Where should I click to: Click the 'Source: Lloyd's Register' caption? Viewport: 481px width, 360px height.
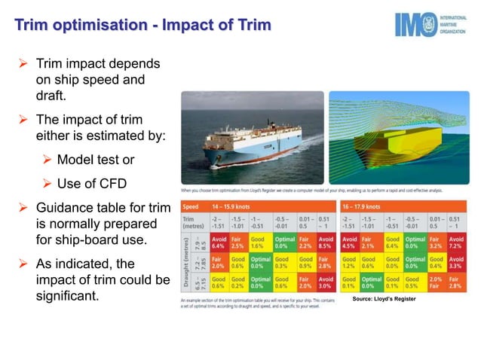pos(384,299)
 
